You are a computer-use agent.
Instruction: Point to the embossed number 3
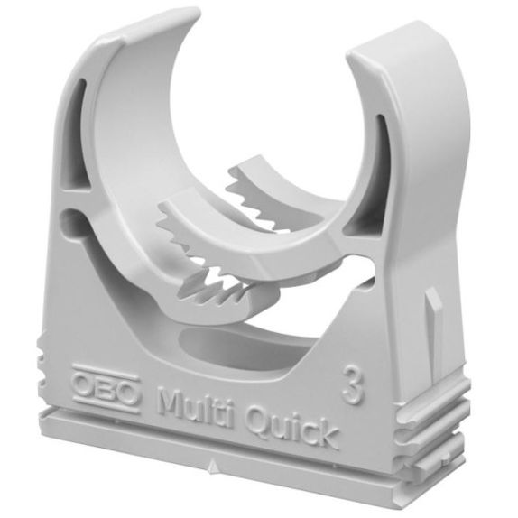click(x=353, y=384)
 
